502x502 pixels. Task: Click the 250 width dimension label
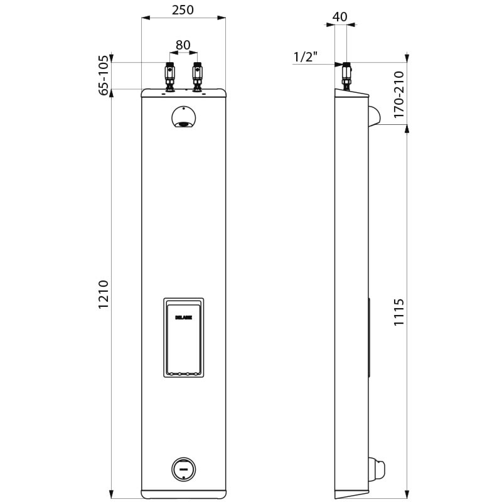tap(183, 9)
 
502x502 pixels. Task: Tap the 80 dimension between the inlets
tap(183, 45)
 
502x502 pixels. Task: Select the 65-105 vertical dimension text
tap(104, 75)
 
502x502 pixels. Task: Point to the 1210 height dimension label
tap(104, 293)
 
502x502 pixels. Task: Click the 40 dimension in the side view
tap(339, 17)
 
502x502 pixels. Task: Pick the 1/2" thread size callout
tap(306, 57)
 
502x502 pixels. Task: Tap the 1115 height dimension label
tap(398, 312)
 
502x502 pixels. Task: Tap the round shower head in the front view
tap(183, 117)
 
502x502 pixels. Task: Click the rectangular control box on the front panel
tap(184, 338)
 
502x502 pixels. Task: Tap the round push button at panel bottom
tap(184, 467)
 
